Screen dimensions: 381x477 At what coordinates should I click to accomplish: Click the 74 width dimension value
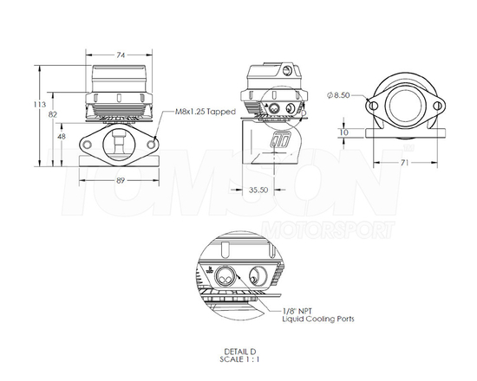(121, 55)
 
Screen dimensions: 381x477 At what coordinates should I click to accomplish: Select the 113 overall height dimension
(39, 105)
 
